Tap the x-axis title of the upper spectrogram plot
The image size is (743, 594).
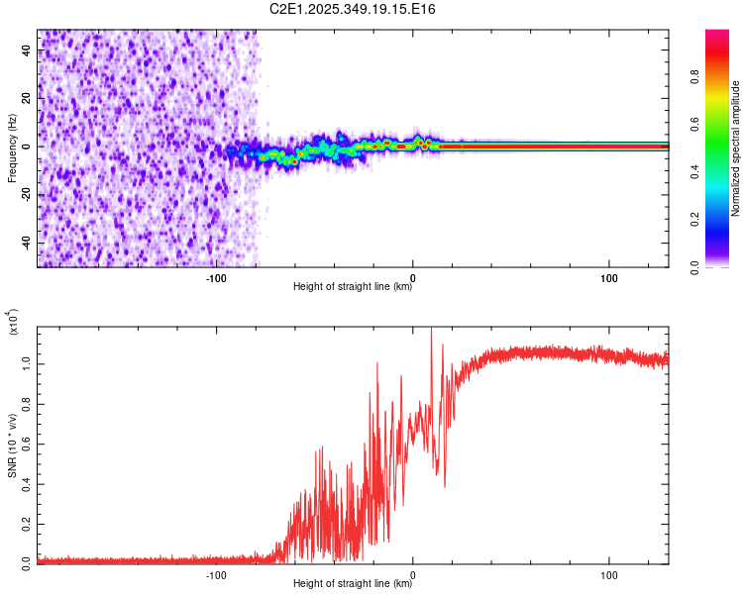click(353, 287)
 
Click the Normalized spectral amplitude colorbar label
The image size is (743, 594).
click(736, 148)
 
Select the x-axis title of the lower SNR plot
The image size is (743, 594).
click(353, 584)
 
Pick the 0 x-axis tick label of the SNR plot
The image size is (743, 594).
click(413, 575)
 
